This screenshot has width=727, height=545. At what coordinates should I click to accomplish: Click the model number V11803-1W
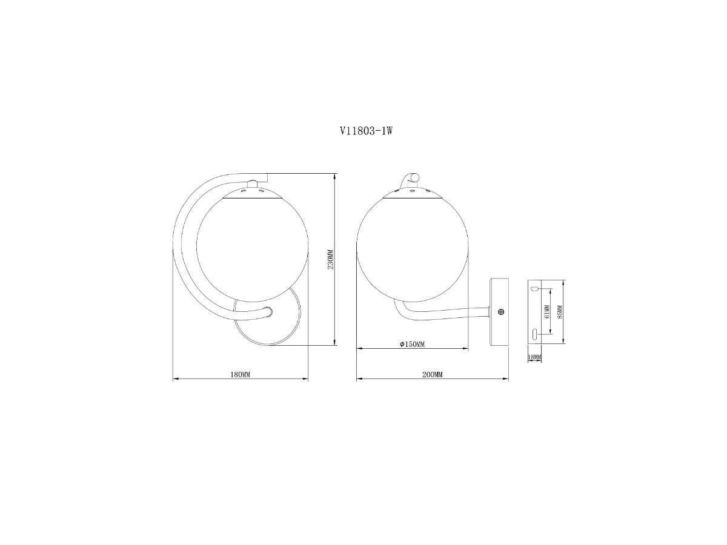[x=366, y=131]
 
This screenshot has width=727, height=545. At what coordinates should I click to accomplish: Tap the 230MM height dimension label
[x=330, y=259]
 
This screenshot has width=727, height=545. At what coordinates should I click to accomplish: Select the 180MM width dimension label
[x=240, y=375]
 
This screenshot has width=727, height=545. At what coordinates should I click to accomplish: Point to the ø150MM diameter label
[x=412, y=344]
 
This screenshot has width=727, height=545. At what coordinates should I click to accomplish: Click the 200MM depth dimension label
[x=432, y=375]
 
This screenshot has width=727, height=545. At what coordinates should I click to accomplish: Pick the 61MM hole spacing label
[x=547, y=311]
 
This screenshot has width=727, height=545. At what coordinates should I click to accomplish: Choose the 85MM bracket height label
[x=560, y=312]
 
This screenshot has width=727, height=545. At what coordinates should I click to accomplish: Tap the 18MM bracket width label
[x=534, y=357]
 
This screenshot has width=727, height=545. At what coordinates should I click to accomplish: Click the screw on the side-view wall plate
[x=501, y=311]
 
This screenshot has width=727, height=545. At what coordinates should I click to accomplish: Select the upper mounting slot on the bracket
[x=534, y=289]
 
